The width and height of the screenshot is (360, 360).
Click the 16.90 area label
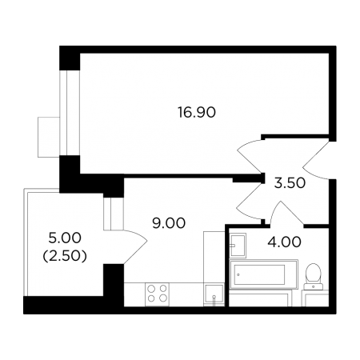click(x=197, y=112)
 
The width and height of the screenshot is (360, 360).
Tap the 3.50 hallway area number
click(x=290, y=183)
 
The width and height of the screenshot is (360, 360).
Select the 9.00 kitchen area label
click(x=169, y=223)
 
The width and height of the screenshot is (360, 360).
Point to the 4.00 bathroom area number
click(x=284, y=242)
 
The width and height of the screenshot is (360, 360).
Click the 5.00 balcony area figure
click(x=65, y=238)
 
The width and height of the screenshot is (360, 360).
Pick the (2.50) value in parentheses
click(x=65, y=256)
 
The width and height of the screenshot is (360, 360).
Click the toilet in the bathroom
click(x=314, y=277)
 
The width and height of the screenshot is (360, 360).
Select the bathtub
click(x=263, y=274)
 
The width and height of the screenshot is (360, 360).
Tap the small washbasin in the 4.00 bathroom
click(x=238, y=245)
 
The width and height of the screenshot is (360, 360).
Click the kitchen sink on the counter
click(x=214, y=294)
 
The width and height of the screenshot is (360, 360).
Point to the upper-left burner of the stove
click(x=151, y=289)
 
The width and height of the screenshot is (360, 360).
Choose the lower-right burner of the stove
click(x=163, y=298)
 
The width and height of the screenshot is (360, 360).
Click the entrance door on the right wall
click(x=317, y=160)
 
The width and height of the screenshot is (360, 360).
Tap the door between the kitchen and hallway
click(x=250, y=200)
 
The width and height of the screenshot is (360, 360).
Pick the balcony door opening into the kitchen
click(x=135, y=246)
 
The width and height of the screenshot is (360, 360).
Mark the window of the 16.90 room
click(x=70, y=113)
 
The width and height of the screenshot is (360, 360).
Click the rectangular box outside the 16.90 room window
click(x=49, y=137)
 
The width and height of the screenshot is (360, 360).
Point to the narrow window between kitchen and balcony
click(x=114, y=214)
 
